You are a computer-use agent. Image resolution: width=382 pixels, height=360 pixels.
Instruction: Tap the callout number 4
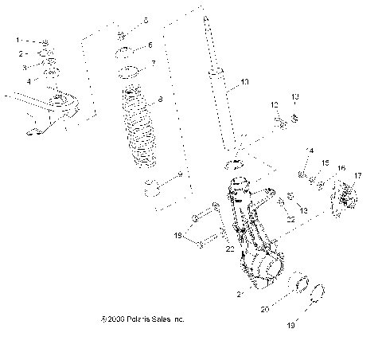pos(28,80)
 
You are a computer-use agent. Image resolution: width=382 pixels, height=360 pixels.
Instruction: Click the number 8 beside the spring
pos(160,100)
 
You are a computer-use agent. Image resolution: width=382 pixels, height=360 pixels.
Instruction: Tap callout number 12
pos(274,104)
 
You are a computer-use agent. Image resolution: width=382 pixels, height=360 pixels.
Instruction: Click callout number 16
pos(341,169)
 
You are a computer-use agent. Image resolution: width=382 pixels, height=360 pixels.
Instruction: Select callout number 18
pos(179,235)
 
